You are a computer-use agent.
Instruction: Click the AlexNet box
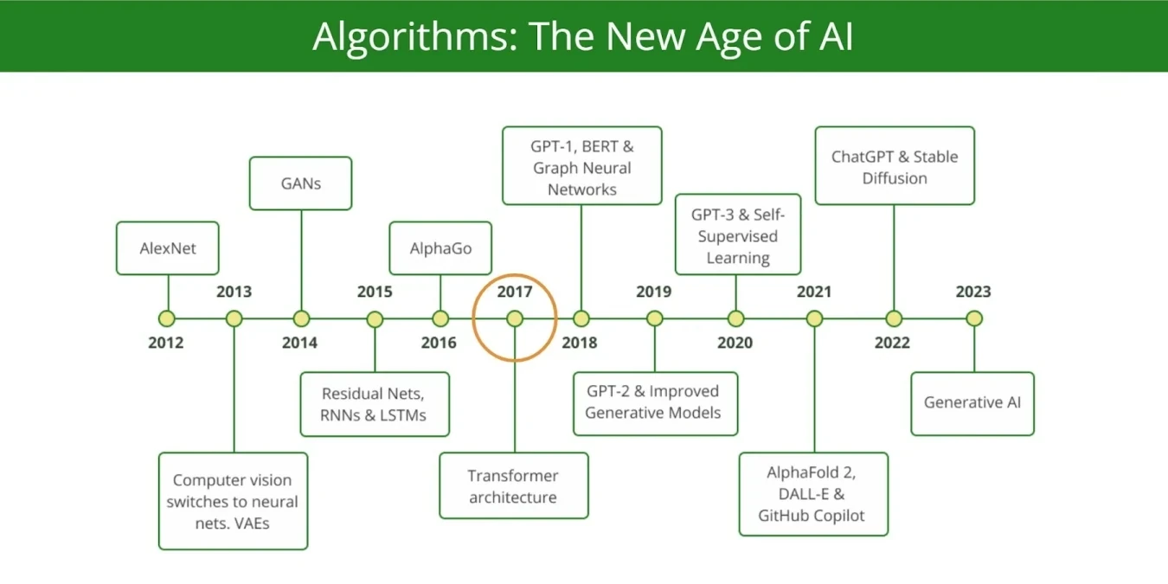click(167, 248)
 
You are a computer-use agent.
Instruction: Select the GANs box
click(301, 183)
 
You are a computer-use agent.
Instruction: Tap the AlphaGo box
click(440, 248)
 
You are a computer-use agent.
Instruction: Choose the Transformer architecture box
click(514, 486)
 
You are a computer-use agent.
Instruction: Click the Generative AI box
click(972, 403)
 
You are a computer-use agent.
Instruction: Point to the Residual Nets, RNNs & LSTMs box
click(375, 404)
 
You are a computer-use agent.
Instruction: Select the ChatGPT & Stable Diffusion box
click(895, 166)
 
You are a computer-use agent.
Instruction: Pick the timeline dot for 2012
click(167, 318)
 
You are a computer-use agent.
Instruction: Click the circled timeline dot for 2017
click(515, 318)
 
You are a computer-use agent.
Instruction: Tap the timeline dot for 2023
click(974, 318)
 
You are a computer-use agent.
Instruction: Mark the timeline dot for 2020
click(735, 318)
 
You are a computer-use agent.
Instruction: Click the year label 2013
click(234, 292)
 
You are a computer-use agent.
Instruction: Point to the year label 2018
click(580, 343)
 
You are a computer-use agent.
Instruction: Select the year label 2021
click(814, 292)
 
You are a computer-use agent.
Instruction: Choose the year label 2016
click(439, 343)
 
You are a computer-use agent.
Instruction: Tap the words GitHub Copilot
click(812, 516)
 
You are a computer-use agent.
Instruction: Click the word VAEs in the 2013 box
click(252, 523)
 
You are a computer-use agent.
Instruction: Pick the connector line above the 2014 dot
click(301, 260)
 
